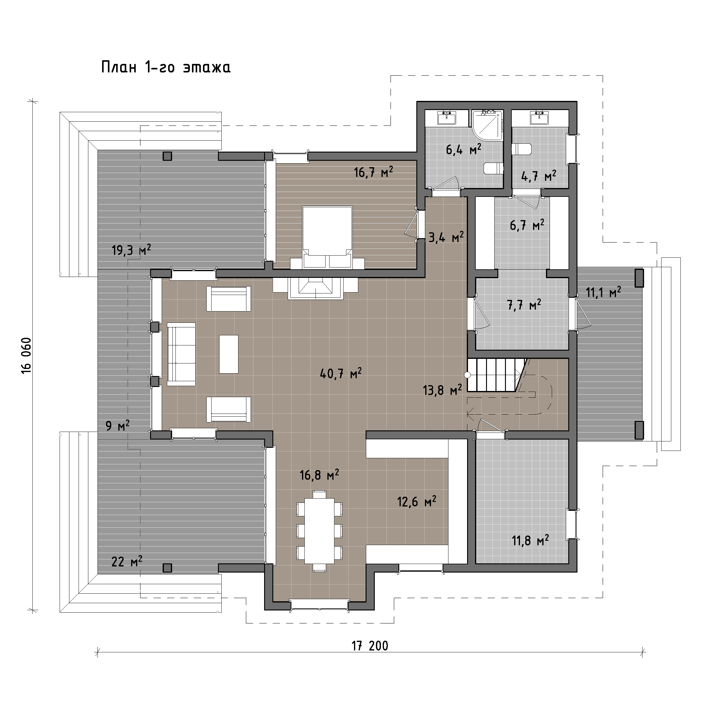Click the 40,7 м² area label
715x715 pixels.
tap(341, 374)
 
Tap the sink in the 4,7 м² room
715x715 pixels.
tap(540, 117)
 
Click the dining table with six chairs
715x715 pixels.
tap(319, 532)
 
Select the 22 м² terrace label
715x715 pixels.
tap(127, 562)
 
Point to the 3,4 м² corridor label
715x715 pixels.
tap(446, 237)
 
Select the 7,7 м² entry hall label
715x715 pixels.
tap(524, 305)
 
